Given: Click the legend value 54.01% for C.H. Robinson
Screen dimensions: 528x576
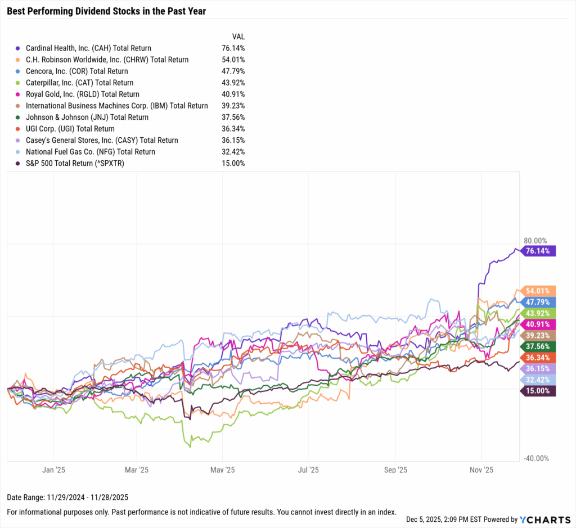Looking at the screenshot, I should pyautogui.click(x=233, y=60).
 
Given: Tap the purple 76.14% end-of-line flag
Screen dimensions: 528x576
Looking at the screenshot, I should pyautogui.click(x=539, y=251).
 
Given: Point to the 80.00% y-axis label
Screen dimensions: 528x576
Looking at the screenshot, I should pyautogui.click(x=535, y=240).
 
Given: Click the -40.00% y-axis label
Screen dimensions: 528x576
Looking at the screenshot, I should pyautogui.click(x=536, y=458).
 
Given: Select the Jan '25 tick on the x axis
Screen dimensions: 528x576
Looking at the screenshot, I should pyautogui.click(x=55, y=469).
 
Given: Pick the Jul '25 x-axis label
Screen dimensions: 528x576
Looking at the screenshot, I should pyautogui.click(x=308, y=469).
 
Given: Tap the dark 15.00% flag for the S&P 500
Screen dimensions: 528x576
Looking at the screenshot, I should pyautogui.click(x=539, y=391).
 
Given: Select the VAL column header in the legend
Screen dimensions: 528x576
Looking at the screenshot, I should pyautogui.click(x=231, y=35).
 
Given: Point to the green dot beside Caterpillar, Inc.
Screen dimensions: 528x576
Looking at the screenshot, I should pyautogui.click(x=19, y=83).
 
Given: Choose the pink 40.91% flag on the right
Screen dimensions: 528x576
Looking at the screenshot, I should pyautogui.click(x=539, y=324).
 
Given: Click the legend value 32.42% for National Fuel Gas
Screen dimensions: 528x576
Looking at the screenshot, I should pyautogui.click(x=233, y=152).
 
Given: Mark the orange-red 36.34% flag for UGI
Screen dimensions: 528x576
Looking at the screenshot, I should pyautogui.click(x=539, y=357).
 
